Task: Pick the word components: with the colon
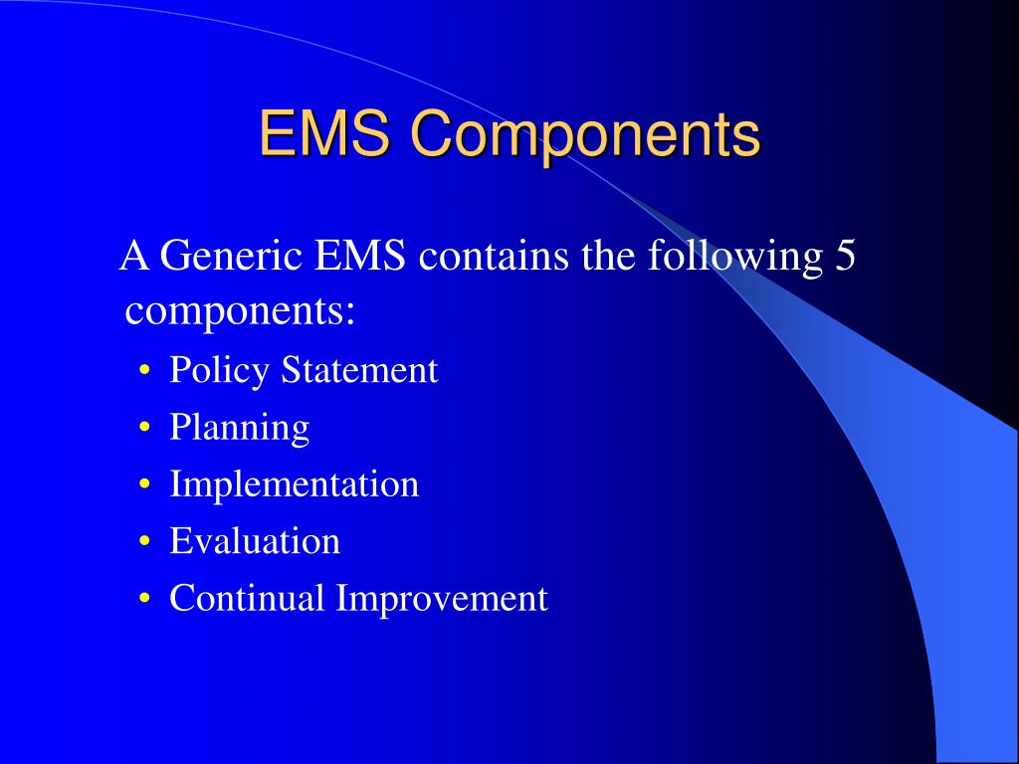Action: [x=241, y=312]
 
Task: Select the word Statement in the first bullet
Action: [x=358, y=370]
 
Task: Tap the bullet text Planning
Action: [x=240, y=429]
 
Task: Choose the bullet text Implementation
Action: [x=295, y=485]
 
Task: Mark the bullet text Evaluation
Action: [x=255, y=541]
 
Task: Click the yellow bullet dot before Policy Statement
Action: [x=145, y=372]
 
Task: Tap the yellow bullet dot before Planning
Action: [x=145, y=429]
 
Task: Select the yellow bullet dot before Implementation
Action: [x=145, y=485]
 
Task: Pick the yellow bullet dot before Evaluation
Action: [x=145, y=542]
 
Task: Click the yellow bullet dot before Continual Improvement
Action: [x=145, y=600]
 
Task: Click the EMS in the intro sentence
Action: [x=360, y=257]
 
